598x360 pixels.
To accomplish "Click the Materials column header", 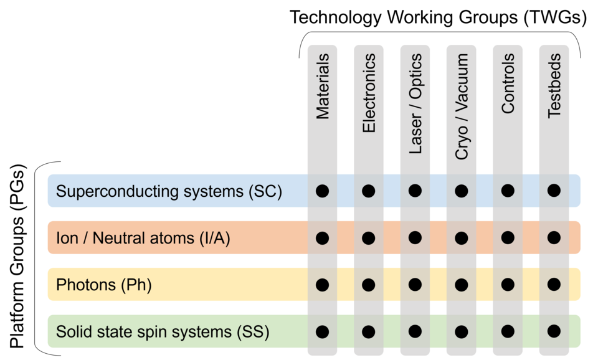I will (x=322, y=87).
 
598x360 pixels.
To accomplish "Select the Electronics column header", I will (x=369, y=93).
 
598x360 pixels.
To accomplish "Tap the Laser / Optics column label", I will (x=415, y=103).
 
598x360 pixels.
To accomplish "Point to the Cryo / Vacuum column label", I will (x=462, y=107).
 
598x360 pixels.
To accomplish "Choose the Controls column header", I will (x=508, y=83).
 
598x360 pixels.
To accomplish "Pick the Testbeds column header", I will (x=554, y=85).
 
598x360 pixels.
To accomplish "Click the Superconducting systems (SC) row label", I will (x=169, y=191).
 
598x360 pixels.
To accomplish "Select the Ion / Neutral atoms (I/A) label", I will (x=143, y=238).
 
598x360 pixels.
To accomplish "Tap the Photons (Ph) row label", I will (x=104, y=285).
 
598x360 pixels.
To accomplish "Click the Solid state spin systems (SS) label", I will (x=163, y=332).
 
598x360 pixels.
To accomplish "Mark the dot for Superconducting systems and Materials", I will (x=322, y=191).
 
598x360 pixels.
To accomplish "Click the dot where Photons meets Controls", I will (x=508, y=285).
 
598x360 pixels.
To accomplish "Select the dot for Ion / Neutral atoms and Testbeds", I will (x=554, y=237).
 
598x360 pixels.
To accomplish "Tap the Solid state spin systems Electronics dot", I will (x=369, y=331).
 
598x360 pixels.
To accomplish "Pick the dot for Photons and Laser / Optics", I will (x=415, y=285).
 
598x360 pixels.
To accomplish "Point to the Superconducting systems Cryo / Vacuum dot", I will (x=462, y=191).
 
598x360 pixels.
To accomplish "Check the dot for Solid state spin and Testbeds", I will (x=554, y=331).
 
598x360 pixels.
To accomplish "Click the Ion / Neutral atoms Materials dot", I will (x=322, y=237).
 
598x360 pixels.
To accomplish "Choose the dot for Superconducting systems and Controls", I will (x=508, y=191).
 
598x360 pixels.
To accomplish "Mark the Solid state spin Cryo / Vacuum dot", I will (x=462, y=331).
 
